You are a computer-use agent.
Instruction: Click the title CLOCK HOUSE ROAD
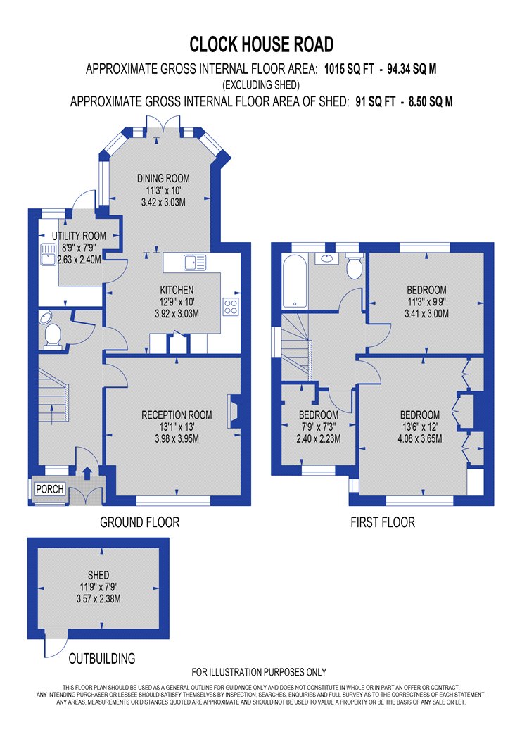[x=262, y=44]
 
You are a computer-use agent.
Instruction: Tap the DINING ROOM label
[x=163, y=179]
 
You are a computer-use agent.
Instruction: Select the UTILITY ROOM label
[x=79, y=236]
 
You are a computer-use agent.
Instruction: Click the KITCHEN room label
[x=177, y=290]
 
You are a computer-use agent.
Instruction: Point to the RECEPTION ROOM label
[x=177, y=415]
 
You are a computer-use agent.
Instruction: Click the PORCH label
[x=50, y=489]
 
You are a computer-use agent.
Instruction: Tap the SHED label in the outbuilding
[x=98, y=575]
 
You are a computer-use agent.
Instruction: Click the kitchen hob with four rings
[x=231, y=306]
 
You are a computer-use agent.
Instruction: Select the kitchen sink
[x=195, y=263]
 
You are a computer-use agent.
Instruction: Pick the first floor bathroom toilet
[x=354, y=266]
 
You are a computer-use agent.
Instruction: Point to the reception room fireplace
[x=234, y=411]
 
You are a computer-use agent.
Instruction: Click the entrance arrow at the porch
[x=87, y=474]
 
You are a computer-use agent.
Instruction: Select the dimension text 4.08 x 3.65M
[x=420, y=438]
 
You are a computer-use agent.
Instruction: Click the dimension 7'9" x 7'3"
[x=319, y=427]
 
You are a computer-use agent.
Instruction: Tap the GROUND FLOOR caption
[x=140, y=522]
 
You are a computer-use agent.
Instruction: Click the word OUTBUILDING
[x=102, y=658]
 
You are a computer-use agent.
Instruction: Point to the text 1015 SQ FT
[x=349, y=69]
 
